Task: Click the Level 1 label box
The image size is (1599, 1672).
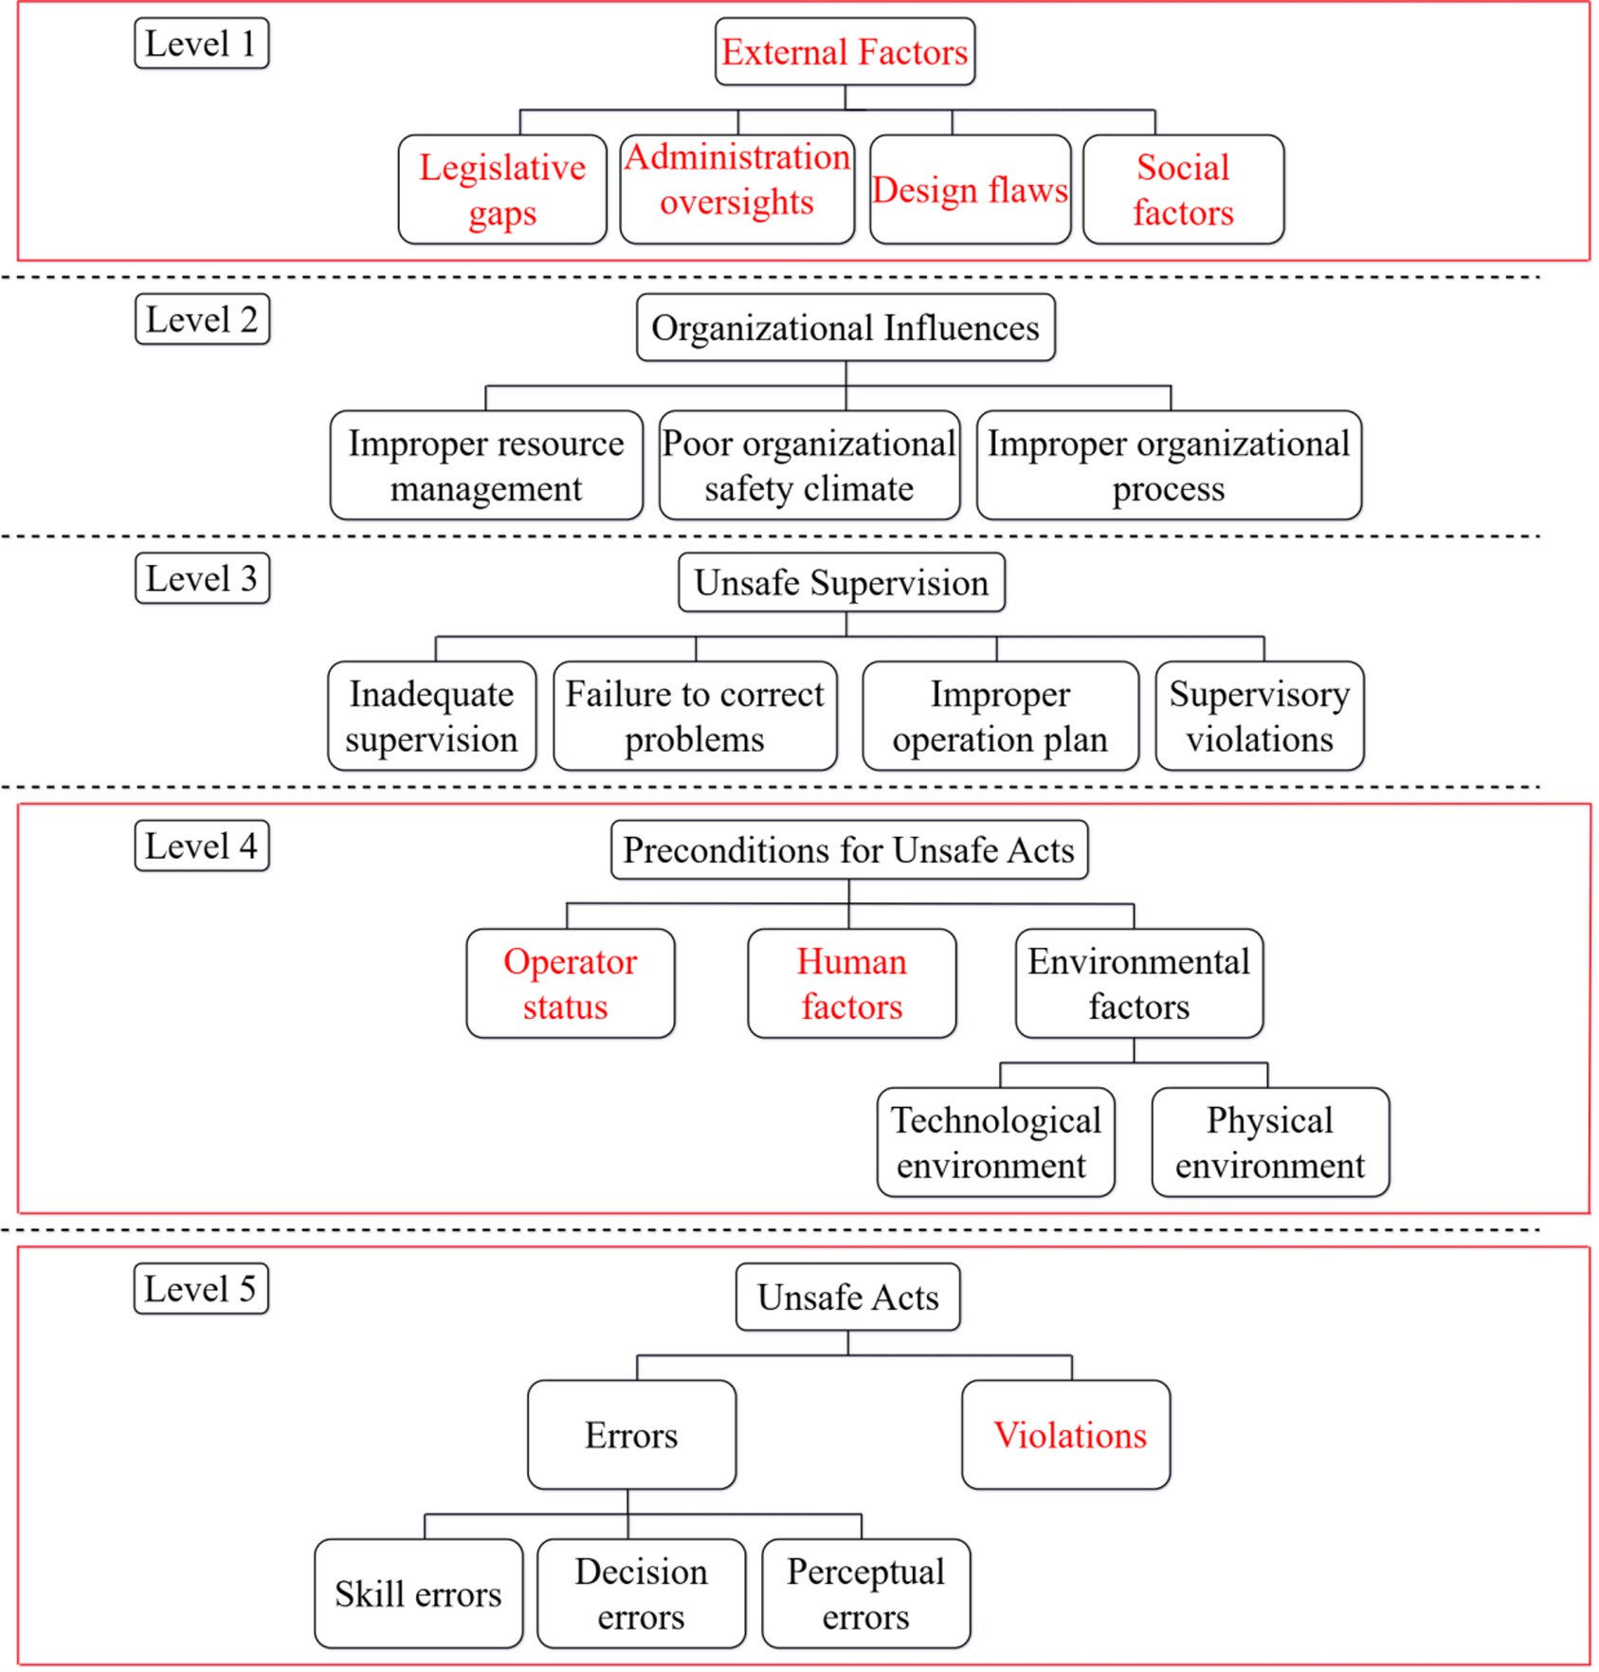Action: click(x=201, y=44)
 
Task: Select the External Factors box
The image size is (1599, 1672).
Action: click(x=845, y=52)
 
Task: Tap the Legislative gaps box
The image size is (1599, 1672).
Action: click(x=502, y=190)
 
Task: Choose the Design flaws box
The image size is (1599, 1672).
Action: click(x=970, y=190)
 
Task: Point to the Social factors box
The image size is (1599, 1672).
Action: click(x=1183, y=190)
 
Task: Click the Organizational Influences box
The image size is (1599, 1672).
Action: click(x=845, y=328)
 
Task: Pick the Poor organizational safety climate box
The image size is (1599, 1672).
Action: click(x=809, y=465)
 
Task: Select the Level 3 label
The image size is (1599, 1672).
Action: click(x=202, y=578)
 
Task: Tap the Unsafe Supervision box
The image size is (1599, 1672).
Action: click(x=842, y=583)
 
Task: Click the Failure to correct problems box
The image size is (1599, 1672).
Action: click(x=695, y=717)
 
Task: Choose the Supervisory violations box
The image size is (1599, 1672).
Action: click(x=1260, y=717)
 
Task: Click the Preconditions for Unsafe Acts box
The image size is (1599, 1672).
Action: click(x=849, y=850)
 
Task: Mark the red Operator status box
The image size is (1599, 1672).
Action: click(x=570, y=984)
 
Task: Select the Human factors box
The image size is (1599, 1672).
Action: click(x=851, y=984)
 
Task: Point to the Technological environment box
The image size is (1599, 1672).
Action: click(x=995, y=1142)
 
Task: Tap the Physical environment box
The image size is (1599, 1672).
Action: click(x=1270, y=1142)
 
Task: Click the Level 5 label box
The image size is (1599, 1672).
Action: click(x=201, y=1289)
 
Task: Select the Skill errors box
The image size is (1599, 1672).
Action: click(x=418, y=1594)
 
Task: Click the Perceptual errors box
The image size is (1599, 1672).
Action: click(x=865, y=1594)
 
